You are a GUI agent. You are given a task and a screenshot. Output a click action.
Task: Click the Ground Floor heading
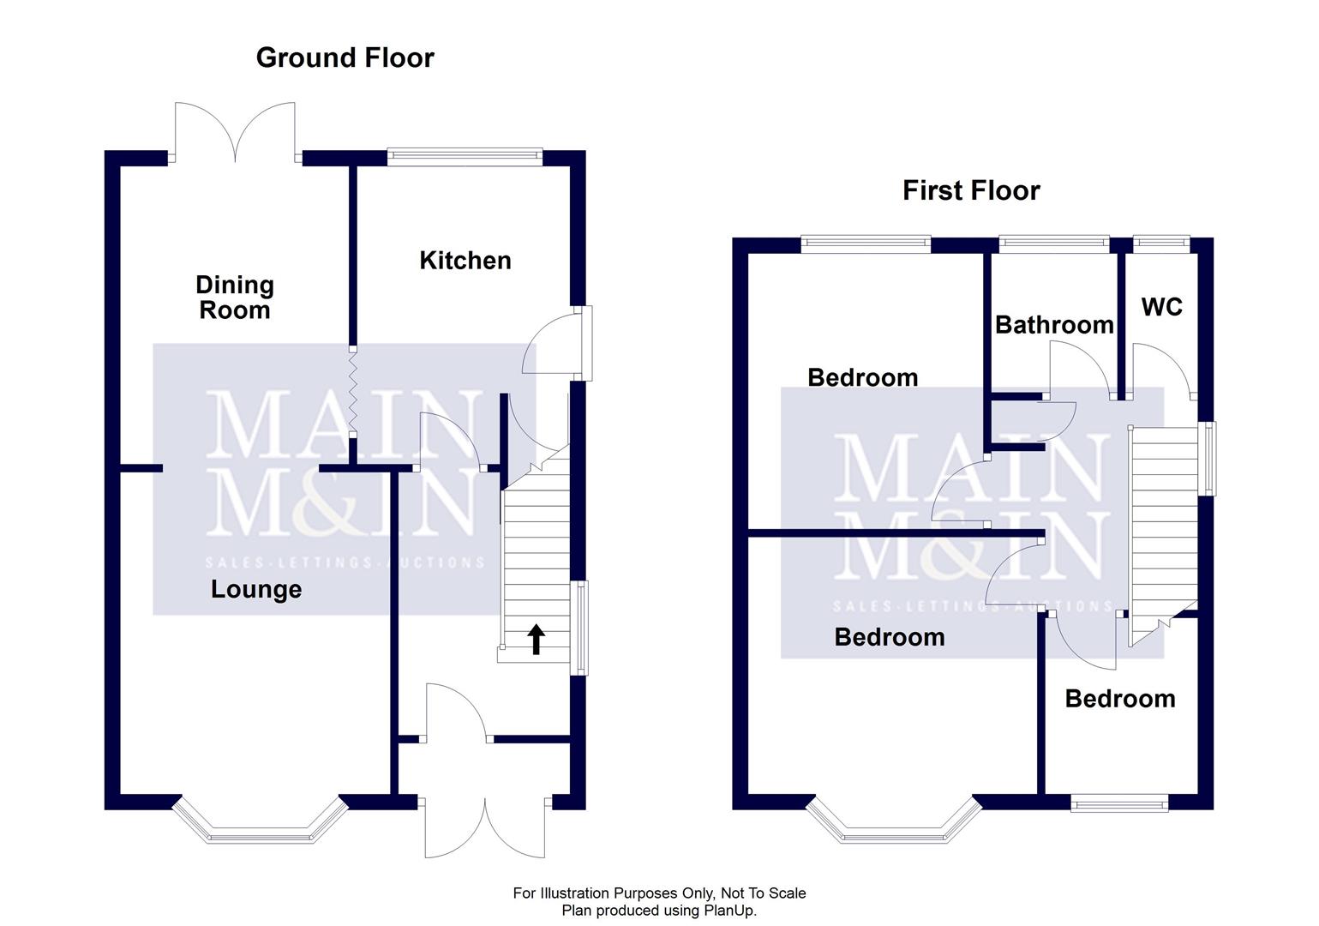345,57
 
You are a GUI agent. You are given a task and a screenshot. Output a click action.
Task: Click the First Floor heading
970,189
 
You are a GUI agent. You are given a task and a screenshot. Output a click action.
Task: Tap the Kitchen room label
465,260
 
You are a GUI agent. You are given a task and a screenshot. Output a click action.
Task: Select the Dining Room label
234,297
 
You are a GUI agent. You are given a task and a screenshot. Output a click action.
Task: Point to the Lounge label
255,589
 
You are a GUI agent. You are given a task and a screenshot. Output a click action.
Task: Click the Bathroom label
1053,324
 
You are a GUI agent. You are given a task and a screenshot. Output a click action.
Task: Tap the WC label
1161,306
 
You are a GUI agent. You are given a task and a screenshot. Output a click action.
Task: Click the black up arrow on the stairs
536,639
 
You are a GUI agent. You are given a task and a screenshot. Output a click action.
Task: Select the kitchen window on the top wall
465,156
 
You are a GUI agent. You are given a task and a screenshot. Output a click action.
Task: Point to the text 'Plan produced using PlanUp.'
659,911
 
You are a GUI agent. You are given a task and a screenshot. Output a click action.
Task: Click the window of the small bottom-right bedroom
1118,803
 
